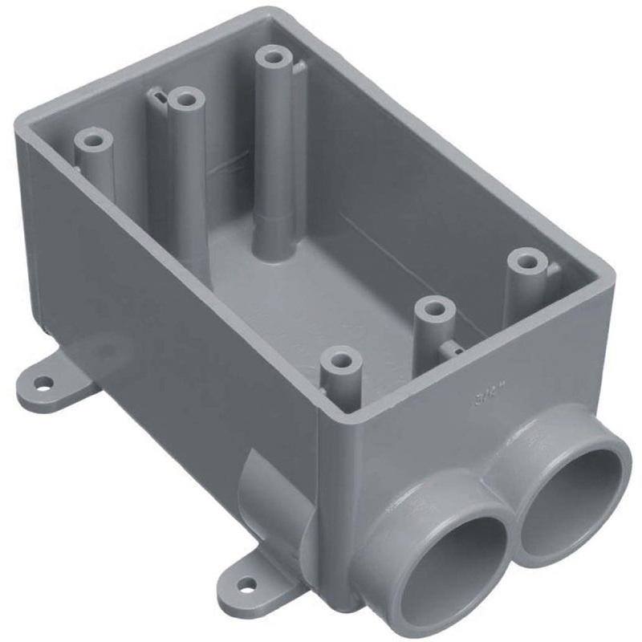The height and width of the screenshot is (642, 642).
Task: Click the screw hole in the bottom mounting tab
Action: click(247, 583)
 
